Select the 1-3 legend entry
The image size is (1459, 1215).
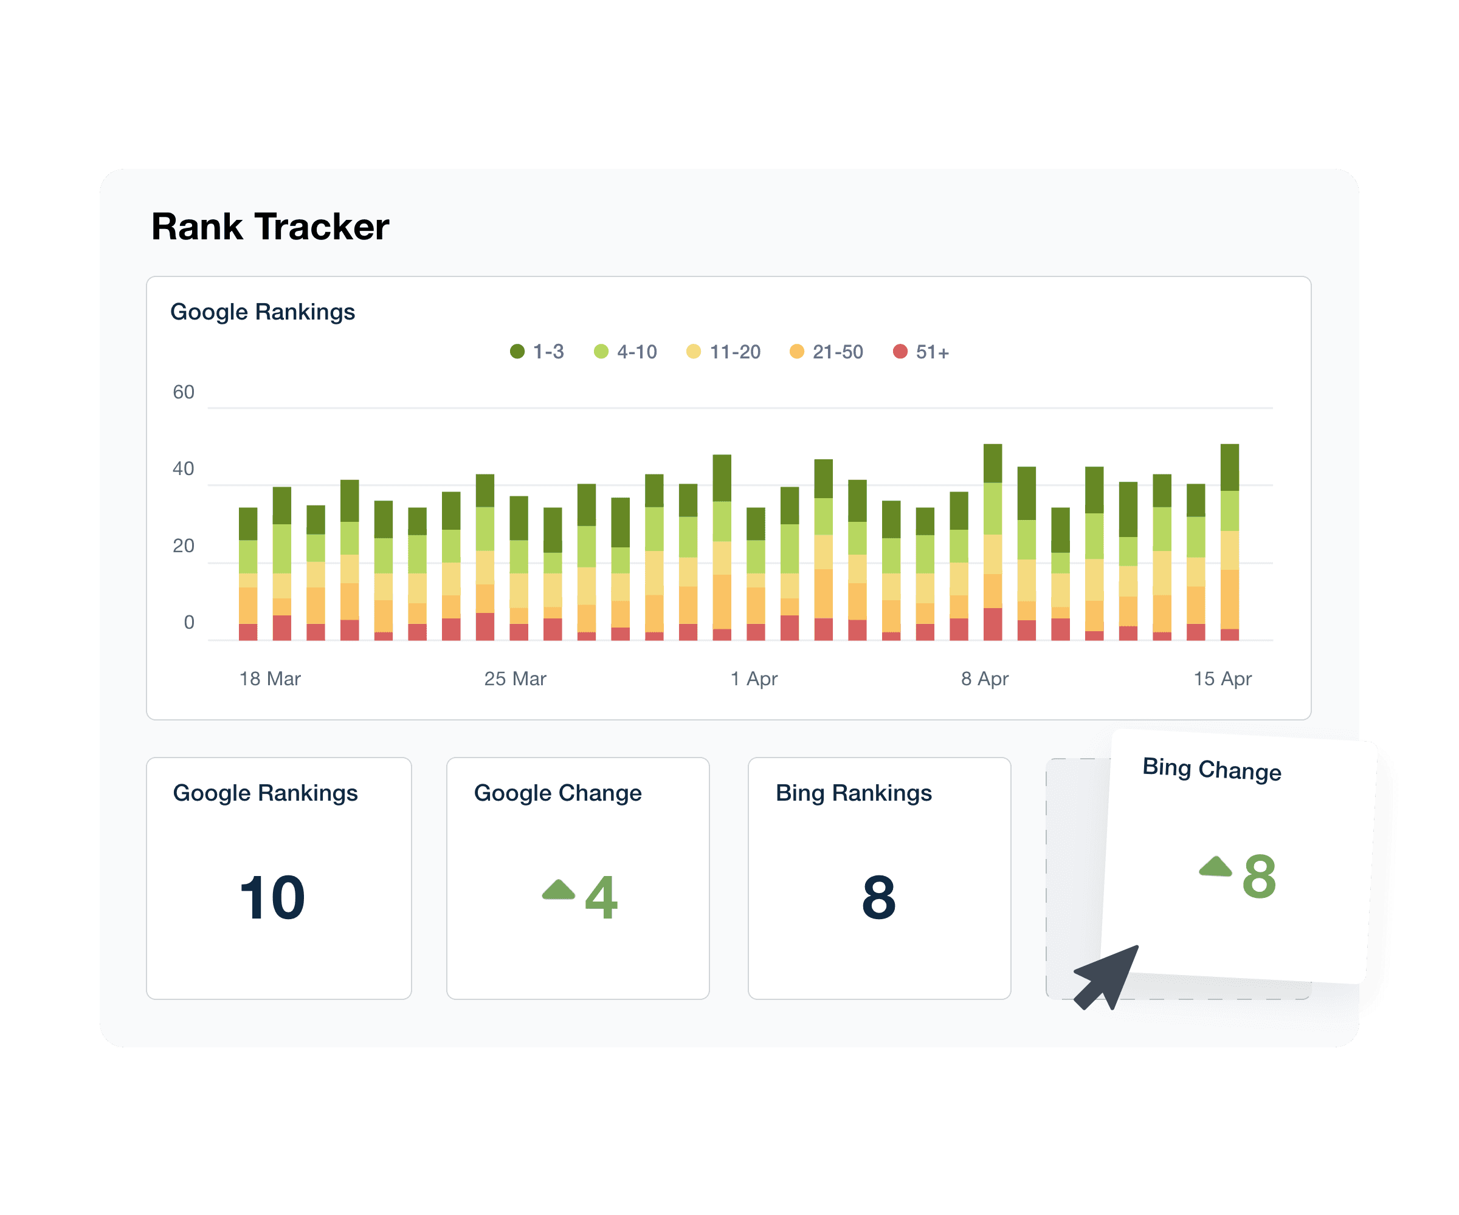pos(537,352)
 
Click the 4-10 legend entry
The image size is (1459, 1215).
pos(626,352)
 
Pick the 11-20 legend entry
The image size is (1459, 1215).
pos(723,352)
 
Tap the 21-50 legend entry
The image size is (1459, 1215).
pos(826,352)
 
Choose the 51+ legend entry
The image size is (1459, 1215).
pos(920,352)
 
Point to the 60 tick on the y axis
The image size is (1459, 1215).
pos(184,392)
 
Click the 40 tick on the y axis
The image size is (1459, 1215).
pos(184,468)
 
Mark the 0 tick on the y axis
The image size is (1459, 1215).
pos(189,622)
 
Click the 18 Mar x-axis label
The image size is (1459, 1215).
pos(269,679)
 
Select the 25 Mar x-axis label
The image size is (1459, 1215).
pos(515,679)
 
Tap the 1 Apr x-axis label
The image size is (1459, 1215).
pos(754,679)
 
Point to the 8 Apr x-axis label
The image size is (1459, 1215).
pos(984,679)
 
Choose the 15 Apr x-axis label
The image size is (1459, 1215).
pos(1222,679)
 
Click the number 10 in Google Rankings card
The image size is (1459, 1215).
pos(272,898)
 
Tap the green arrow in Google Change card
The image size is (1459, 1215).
pos(559,890)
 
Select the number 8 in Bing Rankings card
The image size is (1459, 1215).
pos(879,898)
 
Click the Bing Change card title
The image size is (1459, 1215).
pos(1212,769)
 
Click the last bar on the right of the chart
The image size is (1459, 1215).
pos(1229,541)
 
